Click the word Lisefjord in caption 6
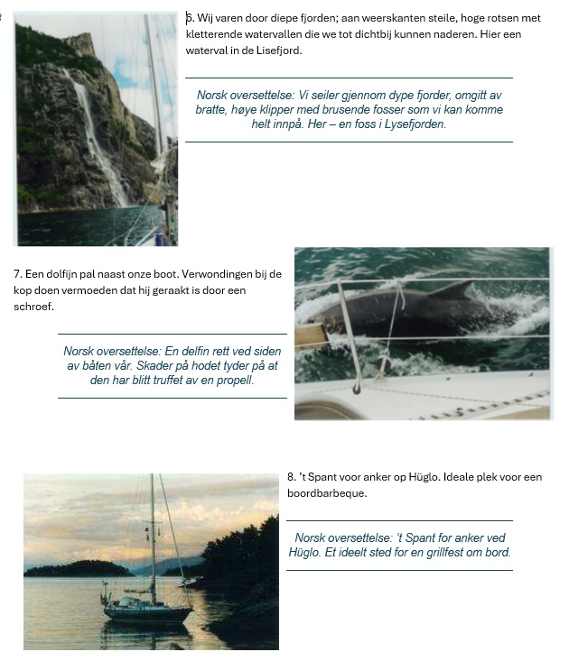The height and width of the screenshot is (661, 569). pos(276,50)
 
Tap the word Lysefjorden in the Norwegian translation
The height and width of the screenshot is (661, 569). pos(413,124)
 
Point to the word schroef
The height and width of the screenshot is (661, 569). pos(33,307)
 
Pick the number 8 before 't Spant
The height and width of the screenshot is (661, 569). pos(291,477)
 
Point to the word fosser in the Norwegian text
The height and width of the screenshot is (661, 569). pos(355,109)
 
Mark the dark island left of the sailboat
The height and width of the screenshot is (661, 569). pos(77,569)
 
